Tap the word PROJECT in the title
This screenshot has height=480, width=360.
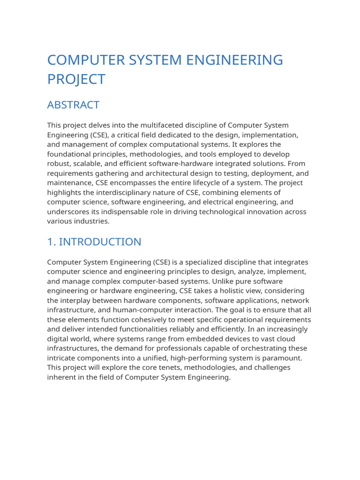point(76,79)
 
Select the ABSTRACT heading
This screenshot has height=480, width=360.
point(73,105)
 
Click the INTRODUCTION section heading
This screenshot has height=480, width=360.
point(100,242)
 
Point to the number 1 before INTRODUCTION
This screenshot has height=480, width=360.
point(50,242)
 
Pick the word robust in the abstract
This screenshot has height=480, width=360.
point(58,164)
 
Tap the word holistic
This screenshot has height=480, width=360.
point(226,291)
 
